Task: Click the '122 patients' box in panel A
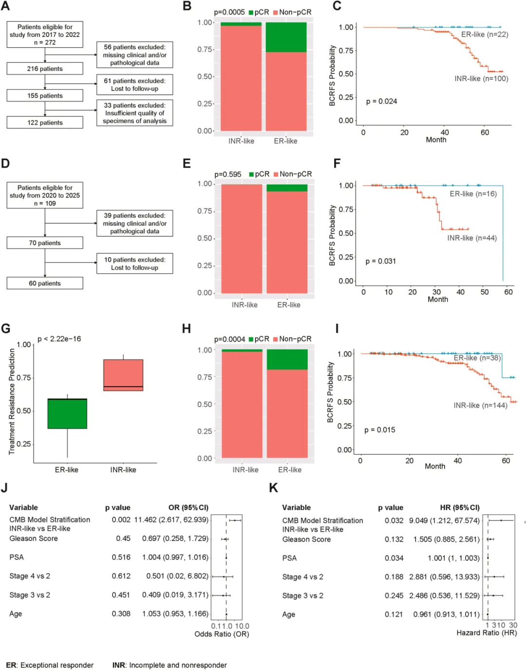[45, 122]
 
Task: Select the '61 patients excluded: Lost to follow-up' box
[134, 85]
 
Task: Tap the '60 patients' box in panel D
[45, 283]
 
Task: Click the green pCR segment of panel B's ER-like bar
[286, 37]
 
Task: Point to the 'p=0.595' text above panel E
[228, 174]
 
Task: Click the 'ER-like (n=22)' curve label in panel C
[485, 35]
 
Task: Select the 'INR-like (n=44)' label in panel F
[472, 238]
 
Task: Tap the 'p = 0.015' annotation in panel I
[379, 430]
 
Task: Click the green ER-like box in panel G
[67, 413]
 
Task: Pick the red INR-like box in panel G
[123, 375]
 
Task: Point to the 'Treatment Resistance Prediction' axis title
[12, 401]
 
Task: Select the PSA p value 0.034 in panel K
[394, 558]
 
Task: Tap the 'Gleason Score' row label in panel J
[34, 539]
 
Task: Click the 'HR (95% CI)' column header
[460, 508]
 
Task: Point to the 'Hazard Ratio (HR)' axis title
[487, 633]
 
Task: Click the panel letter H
[186, 329]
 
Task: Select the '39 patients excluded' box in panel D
[134, 223]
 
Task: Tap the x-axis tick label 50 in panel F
[485, 292]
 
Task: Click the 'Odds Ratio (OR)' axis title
[222, 634]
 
